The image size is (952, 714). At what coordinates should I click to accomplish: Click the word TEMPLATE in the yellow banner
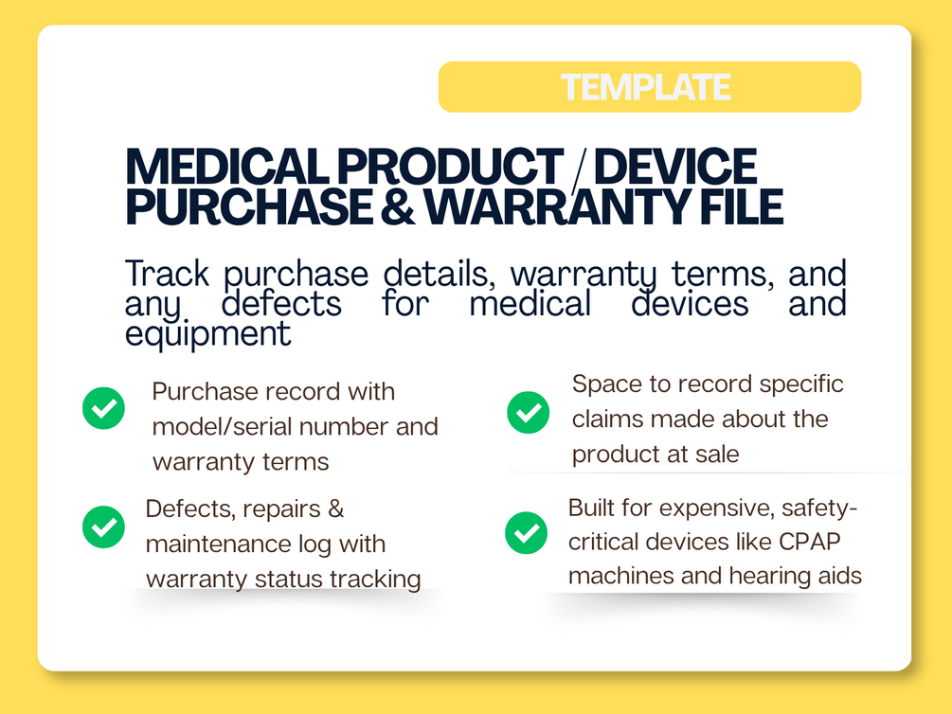(x=645, y=87)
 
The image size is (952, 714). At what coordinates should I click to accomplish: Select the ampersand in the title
(x=398, y=205)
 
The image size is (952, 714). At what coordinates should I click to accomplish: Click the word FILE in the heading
(x=741, y=205)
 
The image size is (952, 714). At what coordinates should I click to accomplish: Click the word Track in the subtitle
(x=167, y=274)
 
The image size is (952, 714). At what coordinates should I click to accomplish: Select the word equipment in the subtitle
(x=207, y=334)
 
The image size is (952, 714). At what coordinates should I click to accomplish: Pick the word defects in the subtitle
(x=281, y=304)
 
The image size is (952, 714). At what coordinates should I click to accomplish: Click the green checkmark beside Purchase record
(x=104, y=408)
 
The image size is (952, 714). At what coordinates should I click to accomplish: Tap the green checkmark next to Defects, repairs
(x=104, y=527)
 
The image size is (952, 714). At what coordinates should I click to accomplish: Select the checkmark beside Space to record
(x=529, y=412)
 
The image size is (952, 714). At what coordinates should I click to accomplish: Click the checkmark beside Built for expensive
(x=527, y=532)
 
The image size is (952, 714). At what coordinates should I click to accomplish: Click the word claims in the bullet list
(x=607, y=419)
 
